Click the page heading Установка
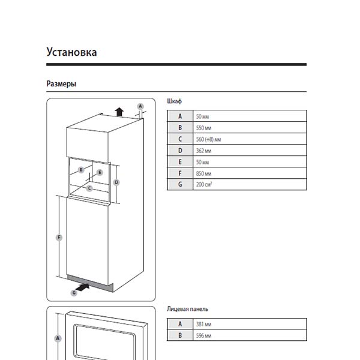pyautogui.click(x=71, y=52)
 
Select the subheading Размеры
pyautogui.click(x=61, y=84)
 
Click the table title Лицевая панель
pyautogui.click(x=187, y=309)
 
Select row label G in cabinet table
pyautogui.click(x=180, y=185)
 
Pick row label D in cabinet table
pyautogui.click(x=180, y=151)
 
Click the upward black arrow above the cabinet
pyautogui.click(x=119, y=110)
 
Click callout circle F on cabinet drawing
pyautogui.click(x=59, y=238)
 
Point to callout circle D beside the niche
pyautogui.click(x=116, y=182)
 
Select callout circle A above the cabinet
pyautogui.click(x=140, y=106)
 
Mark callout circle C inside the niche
pyautogui.click(x=89, y=188)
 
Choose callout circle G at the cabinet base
pyautogui.click(x=74, y=292)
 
